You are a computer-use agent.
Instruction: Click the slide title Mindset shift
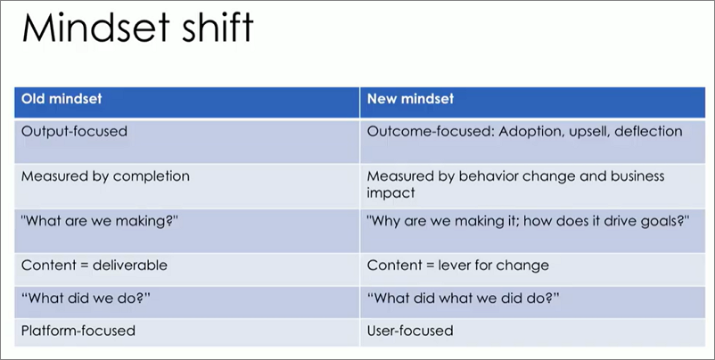137,28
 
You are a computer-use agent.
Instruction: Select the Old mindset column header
62,99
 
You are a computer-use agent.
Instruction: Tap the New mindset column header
410,99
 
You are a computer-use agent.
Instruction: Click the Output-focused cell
74,131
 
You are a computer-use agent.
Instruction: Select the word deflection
648,131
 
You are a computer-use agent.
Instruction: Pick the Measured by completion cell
105,176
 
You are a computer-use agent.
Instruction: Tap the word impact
390,192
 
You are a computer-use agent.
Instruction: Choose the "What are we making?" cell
100,221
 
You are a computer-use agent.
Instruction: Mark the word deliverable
130,266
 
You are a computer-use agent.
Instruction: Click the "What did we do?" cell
86,298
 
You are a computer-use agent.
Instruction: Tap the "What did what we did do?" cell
464,298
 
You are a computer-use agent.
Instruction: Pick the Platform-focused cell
78,331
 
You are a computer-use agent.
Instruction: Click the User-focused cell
410,331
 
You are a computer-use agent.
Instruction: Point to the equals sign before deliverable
84,266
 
